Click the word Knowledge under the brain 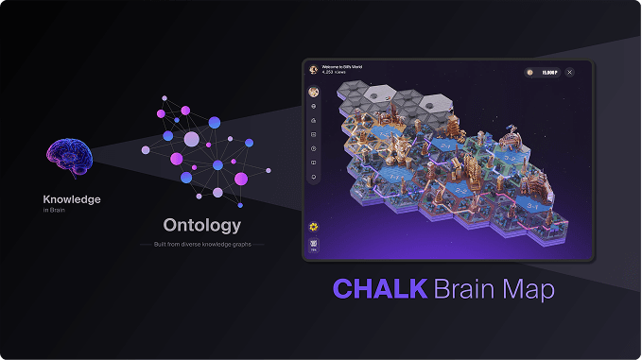(x=72, y=199)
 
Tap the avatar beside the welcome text (x=313, y=69)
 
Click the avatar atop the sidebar (x=313, y=92)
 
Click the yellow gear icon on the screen (x=313, y=227)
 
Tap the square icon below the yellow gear (x=313, y=246)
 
